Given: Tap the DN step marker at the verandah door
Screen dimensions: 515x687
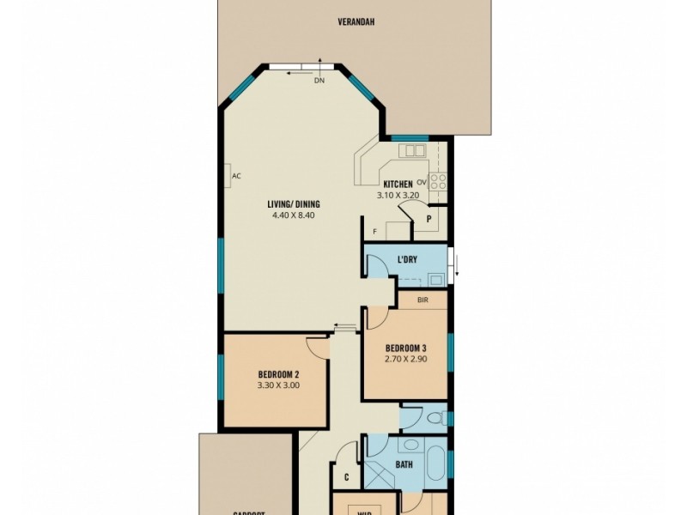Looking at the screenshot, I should click(319, 82).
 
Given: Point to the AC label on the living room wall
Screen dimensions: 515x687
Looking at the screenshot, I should click(236, 177).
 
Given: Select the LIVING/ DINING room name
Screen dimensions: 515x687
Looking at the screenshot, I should click(294, 203).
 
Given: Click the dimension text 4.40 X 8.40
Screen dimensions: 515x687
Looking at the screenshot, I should click(294, 215).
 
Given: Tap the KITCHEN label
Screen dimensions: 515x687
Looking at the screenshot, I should click(398, 185).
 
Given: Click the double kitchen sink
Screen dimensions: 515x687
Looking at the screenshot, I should click(414, 151).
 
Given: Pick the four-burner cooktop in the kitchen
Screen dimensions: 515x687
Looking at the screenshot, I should click(438, 182).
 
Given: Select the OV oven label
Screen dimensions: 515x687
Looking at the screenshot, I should click(422, 183).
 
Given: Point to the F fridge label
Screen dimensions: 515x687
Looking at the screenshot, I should click(374, 232).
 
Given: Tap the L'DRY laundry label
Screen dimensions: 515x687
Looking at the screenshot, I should click(408, 259).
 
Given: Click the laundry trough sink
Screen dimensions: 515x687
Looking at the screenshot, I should click(435, 279).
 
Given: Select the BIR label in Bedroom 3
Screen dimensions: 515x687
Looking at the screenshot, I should click(423, 300).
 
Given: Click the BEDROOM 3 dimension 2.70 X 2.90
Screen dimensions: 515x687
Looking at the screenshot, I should click(406, 360).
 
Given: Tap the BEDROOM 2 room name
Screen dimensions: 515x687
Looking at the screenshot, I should click(278, 374).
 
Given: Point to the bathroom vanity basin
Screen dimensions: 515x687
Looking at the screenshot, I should click(411, 445).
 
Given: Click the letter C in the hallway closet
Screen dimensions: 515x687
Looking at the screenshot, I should click(346, 477).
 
